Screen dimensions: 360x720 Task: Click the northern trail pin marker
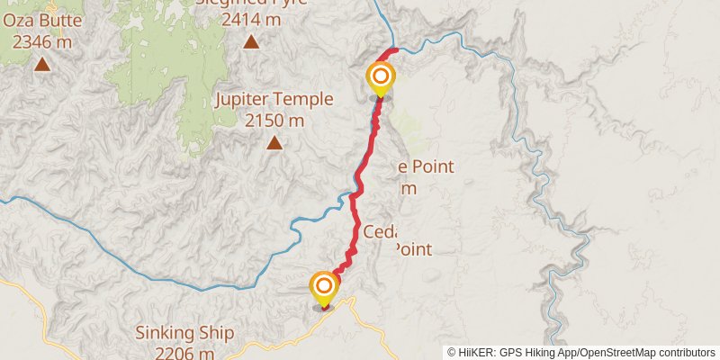(381, 76)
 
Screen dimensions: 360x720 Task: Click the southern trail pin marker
(324, 288)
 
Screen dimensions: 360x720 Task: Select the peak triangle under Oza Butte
(42, 63)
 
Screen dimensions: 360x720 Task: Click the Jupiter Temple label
(274, 100)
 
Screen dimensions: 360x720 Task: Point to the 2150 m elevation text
(274, 120)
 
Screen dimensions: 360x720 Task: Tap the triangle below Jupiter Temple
(274, 142)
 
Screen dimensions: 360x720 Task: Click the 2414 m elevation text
(252, 18)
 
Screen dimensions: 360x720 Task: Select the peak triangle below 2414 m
(252, 40)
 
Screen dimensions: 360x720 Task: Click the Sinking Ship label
(184, 333)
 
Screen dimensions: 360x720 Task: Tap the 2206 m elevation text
(184, 353)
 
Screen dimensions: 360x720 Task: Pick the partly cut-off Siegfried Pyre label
(252, 3)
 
